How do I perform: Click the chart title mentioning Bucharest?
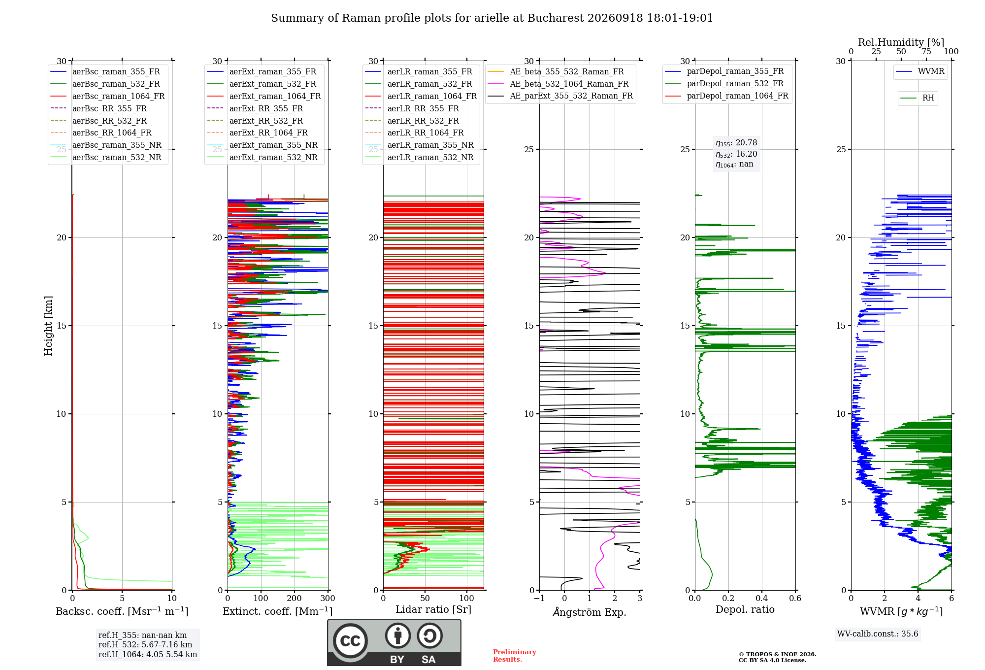[x=492, y=18]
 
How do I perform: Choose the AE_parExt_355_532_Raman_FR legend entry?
[x=560, y=96]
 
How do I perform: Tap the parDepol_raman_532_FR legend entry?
[x=724, y=84]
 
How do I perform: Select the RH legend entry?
[x=918, y=98]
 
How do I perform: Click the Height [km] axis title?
[x=48, y=326]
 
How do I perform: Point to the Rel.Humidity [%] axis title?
[x=901, y=42]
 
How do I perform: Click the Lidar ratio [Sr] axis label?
[x=433, y=610]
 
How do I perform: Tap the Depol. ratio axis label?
[x=745, y=610]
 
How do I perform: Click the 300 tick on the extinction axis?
[x=328, y=599]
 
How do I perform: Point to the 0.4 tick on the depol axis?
[x=762, y=599]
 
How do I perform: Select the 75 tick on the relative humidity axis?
[x=926, y=51]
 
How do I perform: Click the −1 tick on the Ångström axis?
[x=539, y=599]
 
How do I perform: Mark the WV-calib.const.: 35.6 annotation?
[x=878, y=634]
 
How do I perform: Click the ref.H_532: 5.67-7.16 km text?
[x=145, y=645]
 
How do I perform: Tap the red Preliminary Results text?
[x=515, y=656]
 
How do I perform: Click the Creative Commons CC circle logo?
[x=350, y=641]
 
